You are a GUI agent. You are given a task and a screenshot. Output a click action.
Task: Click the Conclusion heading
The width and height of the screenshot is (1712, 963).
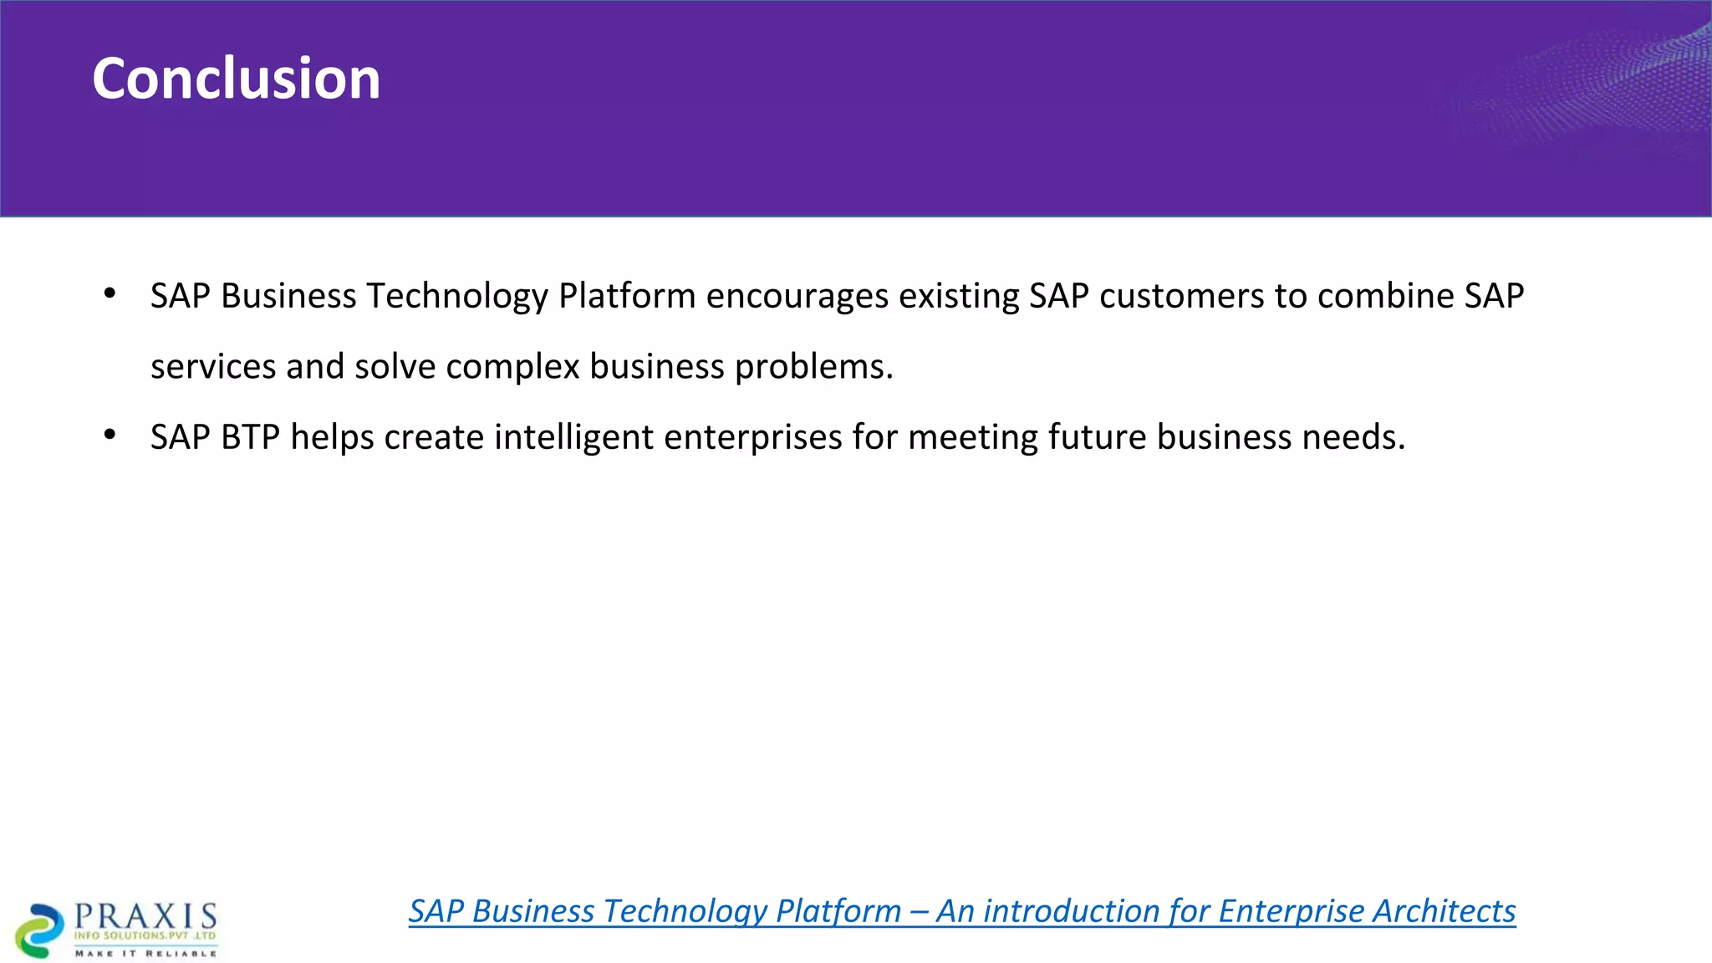coord(236,79)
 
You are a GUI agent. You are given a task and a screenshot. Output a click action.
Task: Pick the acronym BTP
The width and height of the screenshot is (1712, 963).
coord(250,437)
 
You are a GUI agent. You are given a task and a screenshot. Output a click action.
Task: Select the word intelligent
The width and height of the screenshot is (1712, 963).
coord(573,437)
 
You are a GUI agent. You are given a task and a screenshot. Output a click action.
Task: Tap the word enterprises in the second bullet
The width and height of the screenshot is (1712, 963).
coord(752,437)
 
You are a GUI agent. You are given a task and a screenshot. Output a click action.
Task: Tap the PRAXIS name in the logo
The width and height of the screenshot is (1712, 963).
coord(145,916)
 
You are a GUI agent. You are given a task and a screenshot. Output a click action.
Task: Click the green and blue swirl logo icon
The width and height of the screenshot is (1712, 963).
coord(38,930)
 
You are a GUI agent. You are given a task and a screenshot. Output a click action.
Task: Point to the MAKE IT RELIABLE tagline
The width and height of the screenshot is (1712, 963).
coord(145,953)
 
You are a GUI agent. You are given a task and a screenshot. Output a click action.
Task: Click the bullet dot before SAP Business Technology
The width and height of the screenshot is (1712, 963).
coord(110,294)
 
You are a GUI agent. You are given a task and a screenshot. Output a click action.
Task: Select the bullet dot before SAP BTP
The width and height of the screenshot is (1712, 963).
coord(110,436)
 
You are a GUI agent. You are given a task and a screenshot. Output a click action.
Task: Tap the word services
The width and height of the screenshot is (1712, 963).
coord(212,367)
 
